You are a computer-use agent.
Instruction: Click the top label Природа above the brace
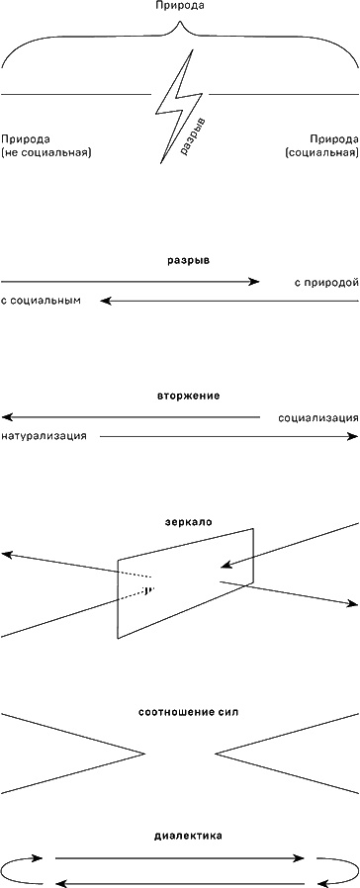coord(179,7)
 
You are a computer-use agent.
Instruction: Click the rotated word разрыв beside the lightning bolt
coord(196,135)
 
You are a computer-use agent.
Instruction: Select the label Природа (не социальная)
coord(46,145)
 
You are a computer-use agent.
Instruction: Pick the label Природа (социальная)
coord(320,145)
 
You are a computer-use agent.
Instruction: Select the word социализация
coord(317,417)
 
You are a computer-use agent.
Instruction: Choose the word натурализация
coord(44,435)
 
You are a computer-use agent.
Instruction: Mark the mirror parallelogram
coord(186,583)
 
